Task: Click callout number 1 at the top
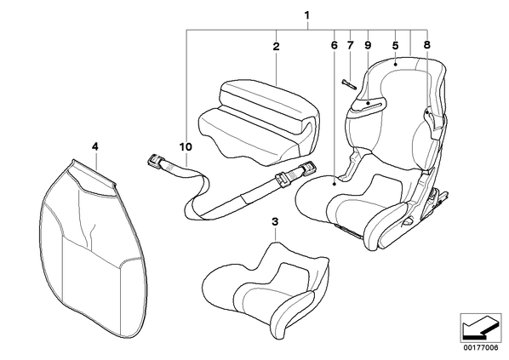coord(306,15)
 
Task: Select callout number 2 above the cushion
coord(276,47)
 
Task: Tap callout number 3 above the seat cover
coord(275,222)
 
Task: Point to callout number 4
coord(94,146)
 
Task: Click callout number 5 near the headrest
coord(395,45)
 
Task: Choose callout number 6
coord(335,45)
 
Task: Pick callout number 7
coord(351,45)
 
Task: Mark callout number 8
coord(427,45)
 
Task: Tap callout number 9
coord(368,45)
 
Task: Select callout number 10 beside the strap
coord(186,147)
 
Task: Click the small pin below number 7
coord(349,84)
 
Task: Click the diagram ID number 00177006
coord(480,347)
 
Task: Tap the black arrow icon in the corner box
coord(481,329)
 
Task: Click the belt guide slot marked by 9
coord(369,104)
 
